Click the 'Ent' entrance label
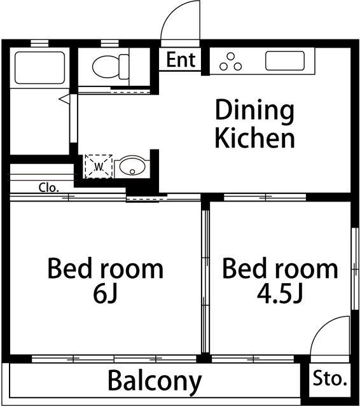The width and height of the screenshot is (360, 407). tap(181, 60)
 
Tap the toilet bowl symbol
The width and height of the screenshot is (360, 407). tap(106, 66)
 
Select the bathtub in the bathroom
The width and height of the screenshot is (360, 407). tap(39, 67)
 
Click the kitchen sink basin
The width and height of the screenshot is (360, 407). tap(285, 61)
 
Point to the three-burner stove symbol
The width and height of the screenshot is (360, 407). tap(230, 62)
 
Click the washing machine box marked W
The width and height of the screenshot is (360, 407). tap(99, 167)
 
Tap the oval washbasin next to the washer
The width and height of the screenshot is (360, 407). tap(132, 166)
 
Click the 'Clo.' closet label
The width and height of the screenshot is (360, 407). tap(48, 188)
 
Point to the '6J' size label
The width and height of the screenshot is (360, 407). tap(106, 295)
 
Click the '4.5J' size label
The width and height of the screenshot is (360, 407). tap(280, 295)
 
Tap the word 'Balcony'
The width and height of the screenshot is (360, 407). tap(155, 382)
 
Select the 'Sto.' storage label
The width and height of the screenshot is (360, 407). tap(330, 378)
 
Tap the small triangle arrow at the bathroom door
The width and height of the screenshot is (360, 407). tap(65, 99)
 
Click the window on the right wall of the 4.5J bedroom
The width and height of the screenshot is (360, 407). tap(355, 268)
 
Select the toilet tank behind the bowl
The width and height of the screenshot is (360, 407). tap(124, 67)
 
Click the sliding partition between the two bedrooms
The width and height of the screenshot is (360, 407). tap(205, 281)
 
